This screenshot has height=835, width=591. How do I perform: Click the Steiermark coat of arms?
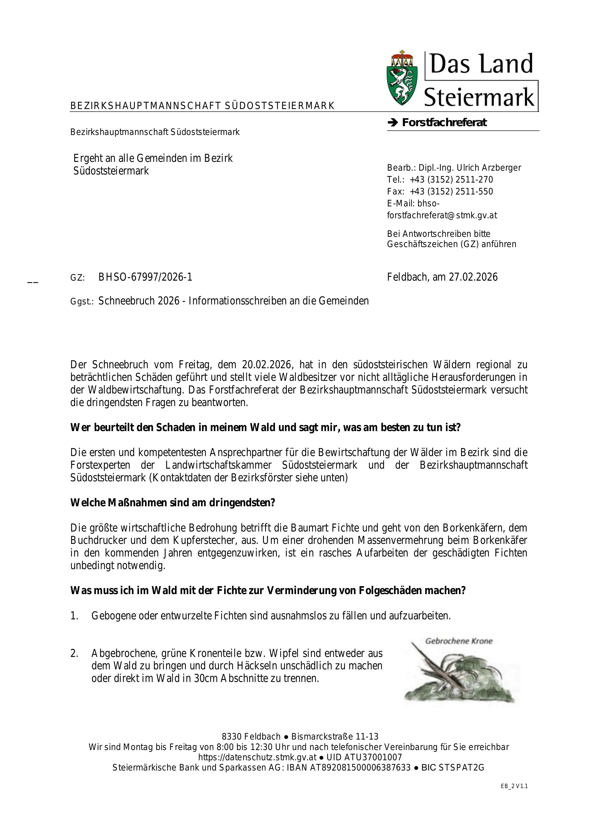[402, 78]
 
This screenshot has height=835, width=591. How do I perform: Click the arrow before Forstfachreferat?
[393, 123]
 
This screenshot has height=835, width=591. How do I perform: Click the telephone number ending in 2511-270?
[451, 180]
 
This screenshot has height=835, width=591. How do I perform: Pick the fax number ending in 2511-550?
[451, 192]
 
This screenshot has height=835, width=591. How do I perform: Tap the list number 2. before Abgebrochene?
[74, 654]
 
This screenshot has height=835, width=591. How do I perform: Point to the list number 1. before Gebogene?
[74, 616]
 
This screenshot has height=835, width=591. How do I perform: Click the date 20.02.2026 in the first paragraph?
[267, 364]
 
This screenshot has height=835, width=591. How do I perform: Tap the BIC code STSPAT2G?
[461, 768]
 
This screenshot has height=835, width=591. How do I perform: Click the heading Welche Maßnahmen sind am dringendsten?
[172, 503]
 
